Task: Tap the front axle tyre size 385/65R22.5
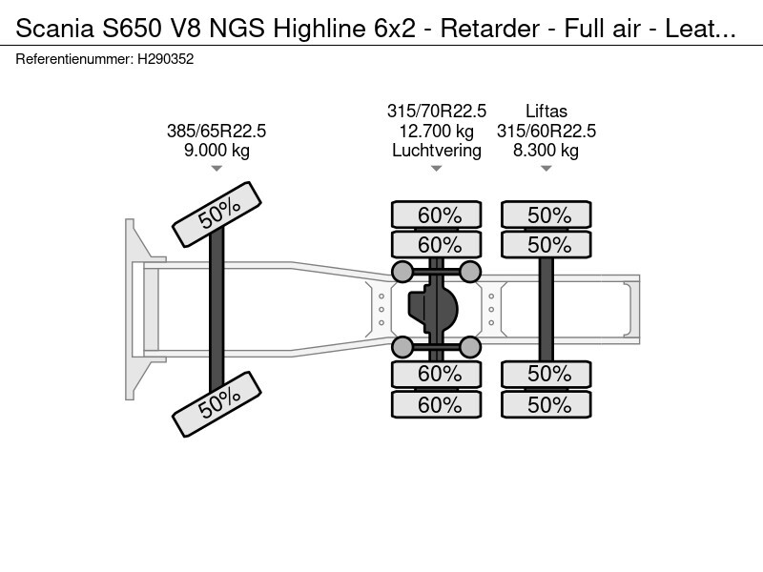[x=217, y=132]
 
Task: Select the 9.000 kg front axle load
[x=217, y=151]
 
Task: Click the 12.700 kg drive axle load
[x=436, y=132]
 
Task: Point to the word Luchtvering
[x=436, y=151]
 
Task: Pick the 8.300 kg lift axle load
[x=546, y=151]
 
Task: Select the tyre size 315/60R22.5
[x=546, y=132]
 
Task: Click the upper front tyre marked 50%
[x=217, y=216]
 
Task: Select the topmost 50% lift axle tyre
[x=546, y=215]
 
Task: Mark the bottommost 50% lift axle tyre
[x=546, y=405]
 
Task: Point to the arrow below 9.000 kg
[x=217, y=169]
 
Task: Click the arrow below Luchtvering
[x=436, y=169]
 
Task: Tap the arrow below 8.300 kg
[x=546, y=169]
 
